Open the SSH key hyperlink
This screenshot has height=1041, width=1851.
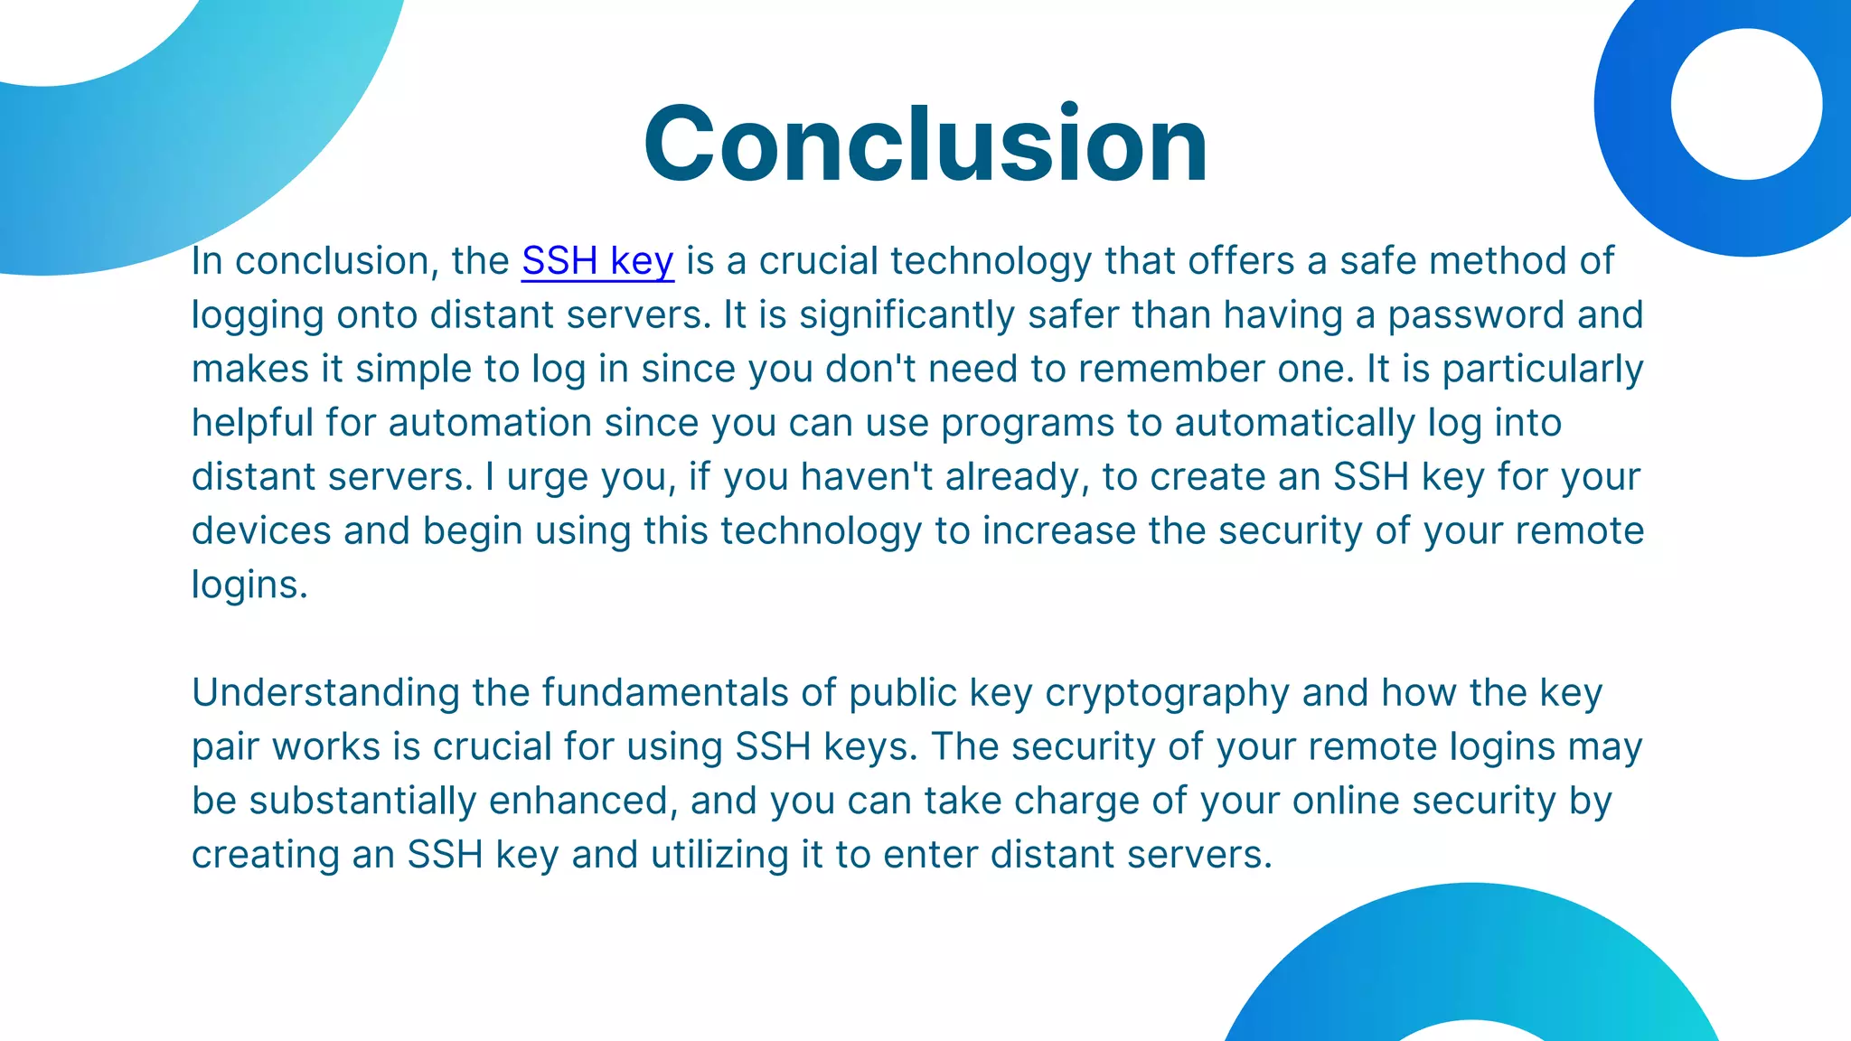[597, 261]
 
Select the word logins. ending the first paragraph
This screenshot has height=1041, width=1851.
[249, 585]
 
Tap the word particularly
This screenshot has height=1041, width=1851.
[1542, 370]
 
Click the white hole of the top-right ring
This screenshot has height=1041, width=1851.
[1745, 104]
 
